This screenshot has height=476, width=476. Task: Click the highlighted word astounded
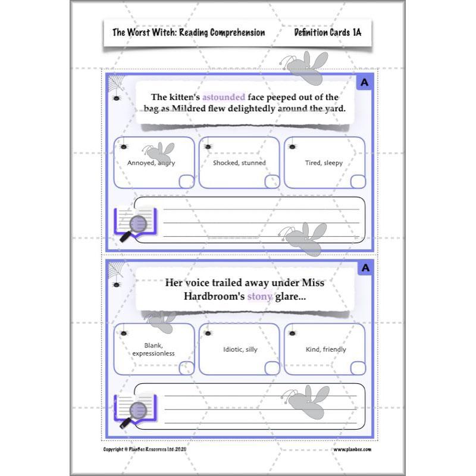tap(221, 97)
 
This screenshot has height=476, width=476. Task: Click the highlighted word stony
tap(259, 295)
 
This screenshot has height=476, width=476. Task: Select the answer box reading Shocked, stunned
tap(239, 162)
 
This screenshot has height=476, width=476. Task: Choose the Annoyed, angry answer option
tap(154, 162)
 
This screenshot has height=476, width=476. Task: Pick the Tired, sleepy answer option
tap(324, 162)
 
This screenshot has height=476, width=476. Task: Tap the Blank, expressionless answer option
tap(154, 349)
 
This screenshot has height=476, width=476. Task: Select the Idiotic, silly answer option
tap(239, 349)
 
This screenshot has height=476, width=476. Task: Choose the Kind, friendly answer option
tap(325, 349)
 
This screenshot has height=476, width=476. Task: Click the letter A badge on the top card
tap(365, 83)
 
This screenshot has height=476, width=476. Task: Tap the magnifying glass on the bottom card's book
tap(136, 411)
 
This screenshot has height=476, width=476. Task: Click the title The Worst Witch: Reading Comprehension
tap(189, 32)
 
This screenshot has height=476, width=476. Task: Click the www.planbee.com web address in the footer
tap(352, 449)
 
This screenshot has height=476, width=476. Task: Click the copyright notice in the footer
tap(153, 449)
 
